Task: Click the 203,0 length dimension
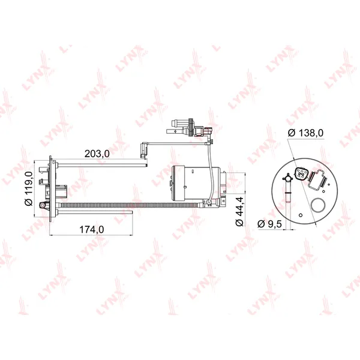click(x=97, y=154)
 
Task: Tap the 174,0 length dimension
click(x=91, y=229)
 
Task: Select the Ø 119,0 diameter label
click(x=29, y=188)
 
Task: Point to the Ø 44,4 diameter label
click(x=239, y=211)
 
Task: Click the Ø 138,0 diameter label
click(x=306, y=133)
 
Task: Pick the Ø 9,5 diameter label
click(x=269, y=224)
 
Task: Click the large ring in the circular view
click(x=317, y=205)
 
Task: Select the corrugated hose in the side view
click(x=129, y=205)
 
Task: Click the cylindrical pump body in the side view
click(x=196, y=182)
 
